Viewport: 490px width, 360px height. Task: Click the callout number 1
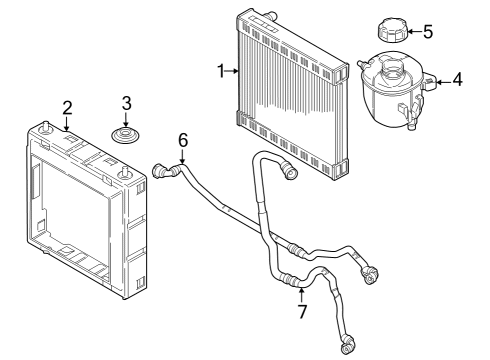[222, 70]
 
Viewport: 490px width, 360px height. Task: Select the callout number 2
[67, 107]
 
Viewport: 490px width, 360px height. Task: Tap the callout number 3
[126, 102]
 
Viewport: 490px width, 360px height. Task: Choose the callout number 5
[428, 31]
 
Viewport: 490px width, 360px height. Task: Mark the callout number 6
[182, 139]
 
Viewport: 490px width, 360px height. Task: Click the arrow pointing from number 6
[182, 154]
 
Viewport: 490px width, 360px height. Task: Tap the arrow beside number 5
[412, 31]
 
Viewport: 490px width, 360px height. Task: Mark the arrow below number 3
[126, 119]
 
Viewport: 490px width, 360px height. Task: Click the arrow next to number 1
[233, 70]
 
